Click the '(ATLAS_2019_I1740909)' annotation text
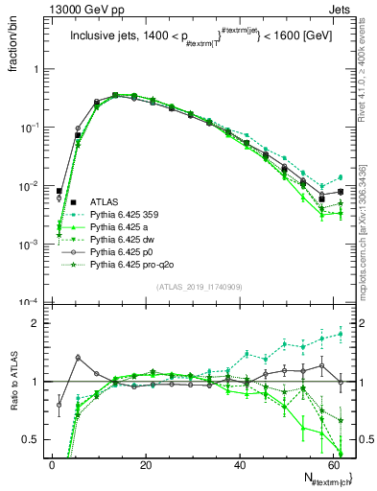pyautogui.click(x=199, y=287)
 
